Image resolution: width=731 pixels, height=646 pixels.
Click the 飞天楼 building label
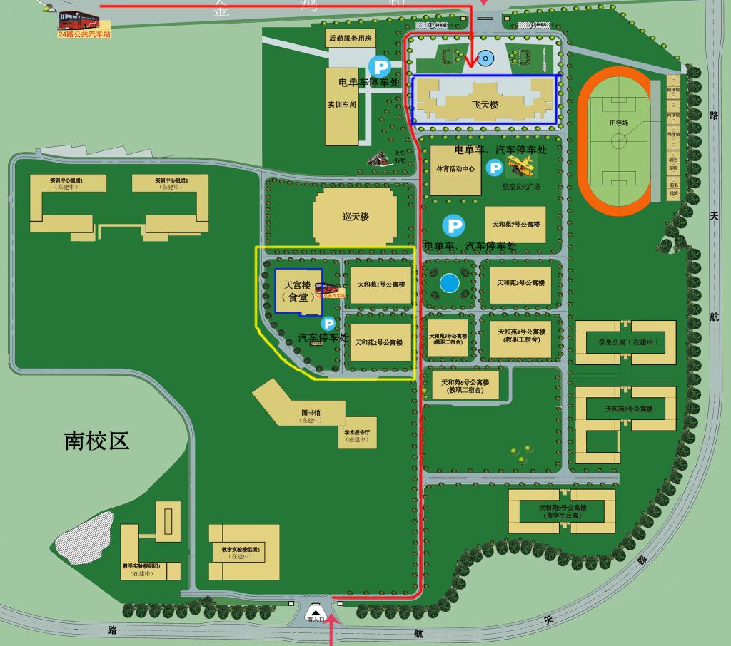[485, 105]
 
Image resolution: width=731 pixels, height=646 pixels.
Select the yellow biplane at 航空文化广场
[521, 167]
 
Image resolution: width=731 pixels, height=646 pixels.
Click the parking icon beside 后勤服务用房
[379, 68]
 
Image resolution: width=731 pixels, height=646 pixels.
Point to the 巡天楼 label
[355, 217]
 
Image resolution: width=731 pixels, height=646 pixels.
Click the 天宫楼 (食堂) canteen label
[298, 291]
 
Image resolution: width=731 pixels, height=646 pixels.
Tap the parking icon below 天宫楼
[328, 324]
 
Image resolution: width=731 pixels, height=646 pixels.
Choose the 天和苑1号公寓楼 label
[380, 284]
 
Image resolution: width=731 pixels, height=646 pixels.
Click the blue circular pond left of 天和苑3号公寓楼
[449, 284]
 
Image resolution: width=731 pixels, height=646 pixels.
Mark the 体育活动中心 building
[455, 170]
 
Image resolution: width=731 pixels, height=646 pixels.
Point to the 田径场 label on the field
[619, 123]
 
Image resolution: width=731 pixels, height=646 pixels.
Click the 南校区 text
[97, 440]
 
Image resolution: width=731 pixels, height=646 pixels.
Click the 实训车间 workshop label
[341, 104]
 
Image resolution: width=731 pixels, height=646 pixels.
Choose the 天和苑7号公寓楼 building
[515, 225]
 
